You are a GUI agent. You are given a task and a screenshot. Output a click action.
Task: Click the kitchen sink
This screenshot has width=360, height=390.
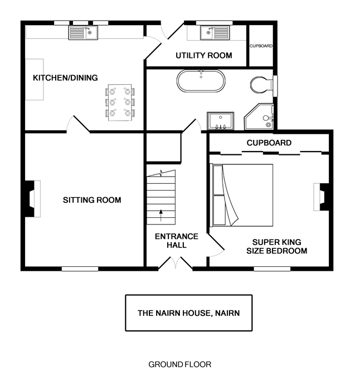(x=83, y=33)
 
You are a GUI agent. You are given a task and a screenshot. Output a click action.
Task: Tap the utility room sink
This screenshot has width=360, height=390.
(x=215, y=33)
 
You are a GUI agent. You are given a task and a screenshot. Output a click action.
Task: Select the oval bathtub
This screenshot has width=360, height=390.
(x=201, y=81)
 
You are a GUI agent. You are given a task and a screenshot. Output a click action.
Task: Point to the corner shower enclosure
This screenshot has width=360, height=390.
(x=259, y=117)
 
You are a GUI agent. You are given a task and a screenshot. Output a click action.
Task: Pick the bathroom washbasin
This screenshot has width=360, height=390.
(x=221, y=121)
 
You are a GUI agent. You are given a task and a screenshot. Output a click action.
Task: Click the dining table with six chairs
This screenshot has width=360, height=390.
(x=120, y=103)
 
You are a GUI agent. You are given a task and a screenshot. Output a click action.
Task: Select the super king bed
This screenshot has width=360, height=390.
(x=241, y=195)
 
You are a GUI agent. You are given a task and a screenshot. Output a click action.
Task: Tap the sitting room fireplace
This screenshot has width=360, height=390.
(x=33, y=199)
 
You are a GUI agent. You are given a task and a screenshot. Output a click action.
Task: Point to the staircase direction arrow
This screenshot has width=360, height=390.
(x=161, y=216)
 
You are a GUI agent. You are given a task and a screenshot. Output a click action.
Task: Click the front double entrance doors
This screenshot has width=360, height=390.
(x=176, y=263)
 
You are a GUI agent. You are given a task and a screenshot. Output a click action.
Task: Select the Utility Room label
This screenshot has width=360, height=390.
(x=204, y=56)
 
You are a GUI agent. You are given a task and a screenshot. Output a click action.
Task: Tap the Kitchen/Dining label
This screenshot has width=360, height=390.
(x=65, y=78)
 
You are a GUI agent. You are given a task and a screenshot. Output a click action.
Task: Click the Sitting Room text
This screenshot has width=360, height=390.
(x=92, y=200)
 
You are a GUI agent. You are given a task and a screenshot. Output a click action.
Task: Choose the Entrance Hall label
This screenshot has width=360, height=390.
(x=177, y=241)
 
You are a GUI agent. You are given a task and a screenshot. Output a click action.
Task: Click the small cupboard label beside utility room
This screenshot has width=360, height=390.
(x=261, y=46)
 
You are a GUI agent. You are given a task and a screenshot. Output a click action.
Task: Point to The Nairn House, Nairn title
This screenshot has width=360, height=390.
(x=189, y=313)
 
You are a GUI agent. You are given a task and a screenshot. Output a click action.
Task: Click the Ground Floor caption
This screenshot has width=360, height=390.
(x=180, y=364)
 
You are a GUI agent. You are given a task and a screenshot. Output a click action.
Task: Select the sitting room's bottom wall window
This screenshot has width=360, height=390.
(x=80, y=269)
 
